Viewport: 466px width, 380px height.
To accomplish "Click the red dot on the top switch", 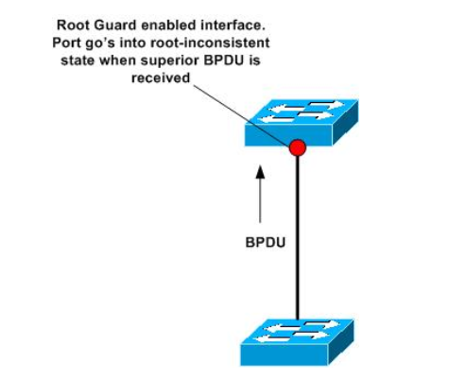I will (x=298, y=147).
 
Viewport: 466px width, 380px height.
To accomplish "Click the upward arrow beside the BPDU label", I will (x=262, y=187).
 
